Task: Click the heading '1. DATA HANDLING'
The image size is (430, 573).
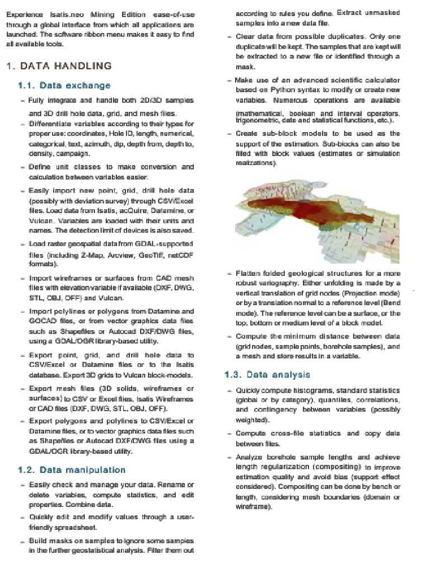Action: tap(59, 66)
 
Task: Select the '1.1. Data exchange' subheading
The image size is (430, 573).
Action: tap(64, 86)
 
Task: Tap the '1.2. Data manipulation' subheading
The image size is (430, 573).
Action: tap(72, 469)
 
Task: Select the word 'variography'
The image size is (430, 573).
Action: tap(264, 283)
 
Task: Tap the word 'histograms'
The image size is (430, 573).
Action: tap(310, 390)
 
